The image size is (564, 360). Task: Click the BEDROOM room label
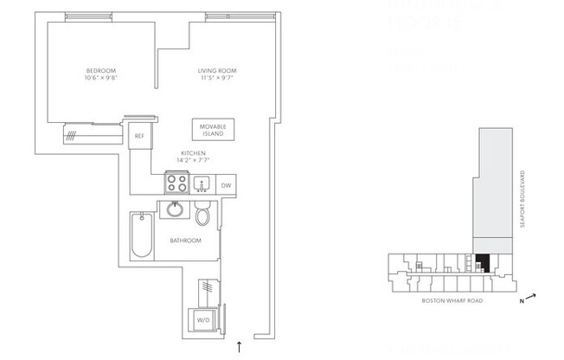(x=100, y=70)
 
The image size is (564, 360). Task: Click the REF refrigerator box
(x=138, y=135)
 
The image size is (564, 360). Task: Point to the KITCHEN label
(x=192, y=152)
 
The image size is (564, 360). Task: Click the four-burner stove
(x=176, y=184)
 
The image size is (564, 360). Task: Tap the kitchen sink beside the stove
(x=203, y=183)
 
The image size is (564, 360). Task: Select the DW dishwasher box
(x=225, y=185)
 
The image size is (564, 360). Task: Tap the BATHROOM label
(x=185, y=241)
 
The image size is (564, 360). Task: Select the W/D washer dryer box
(x=204, y=318)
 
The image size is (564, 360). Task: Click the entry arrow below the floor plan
(x=240, y=347)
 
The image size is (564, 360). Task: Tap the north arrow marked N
(x=528, y=299)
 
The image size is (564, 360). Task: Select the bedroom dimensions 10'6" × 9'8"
(x=100, y=79)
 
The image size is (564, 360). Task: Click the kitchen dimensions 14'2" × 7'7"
(x=192, y=160)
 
